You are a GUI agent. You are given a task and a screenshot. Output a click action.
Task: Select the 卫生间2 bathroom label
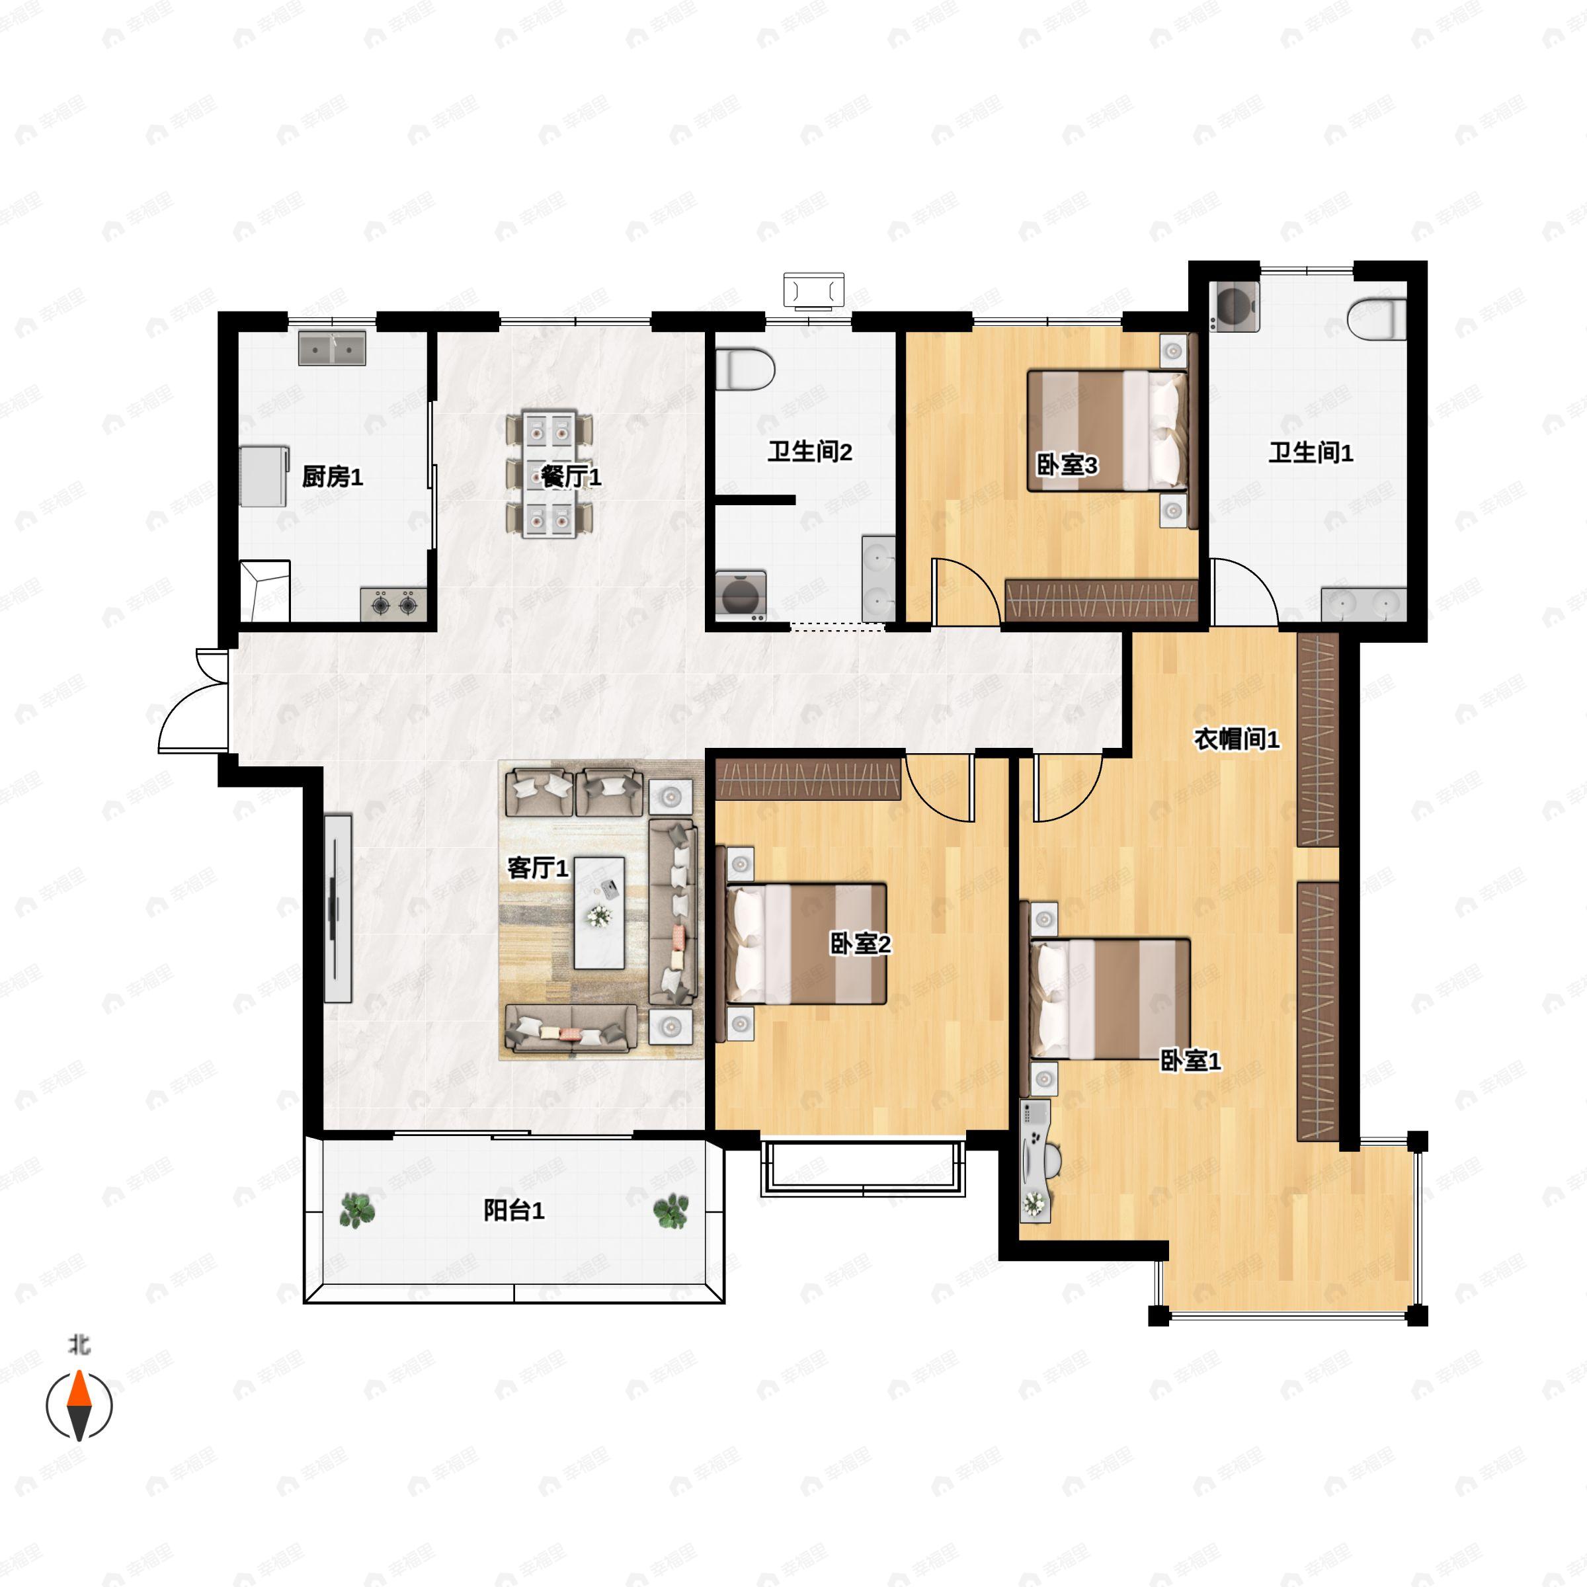810,452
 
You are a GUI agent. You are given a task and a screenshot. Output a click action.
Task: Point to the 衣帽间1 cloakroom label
1237,739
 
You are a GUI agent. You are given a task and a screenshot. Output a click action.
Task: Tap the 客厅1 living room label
538,868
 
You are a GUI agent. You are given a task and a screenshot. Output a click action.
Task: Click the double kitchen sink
332,348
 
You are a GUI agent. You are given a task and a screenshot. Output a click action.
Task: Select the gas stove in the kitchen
393,604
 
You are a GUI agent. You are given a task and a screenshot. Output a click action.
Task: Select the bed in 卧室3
1108,430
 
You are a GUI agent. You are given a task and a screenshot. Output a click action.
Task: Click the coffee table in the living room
599,913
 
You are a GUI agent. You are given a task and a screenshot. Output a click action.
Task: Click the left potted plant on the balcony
357,1210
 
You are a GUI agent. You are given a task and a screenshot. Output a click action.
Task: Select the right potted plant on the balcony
671,1211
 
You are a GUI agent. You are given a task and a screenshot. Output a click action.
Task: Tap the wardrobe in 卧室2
808,780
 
